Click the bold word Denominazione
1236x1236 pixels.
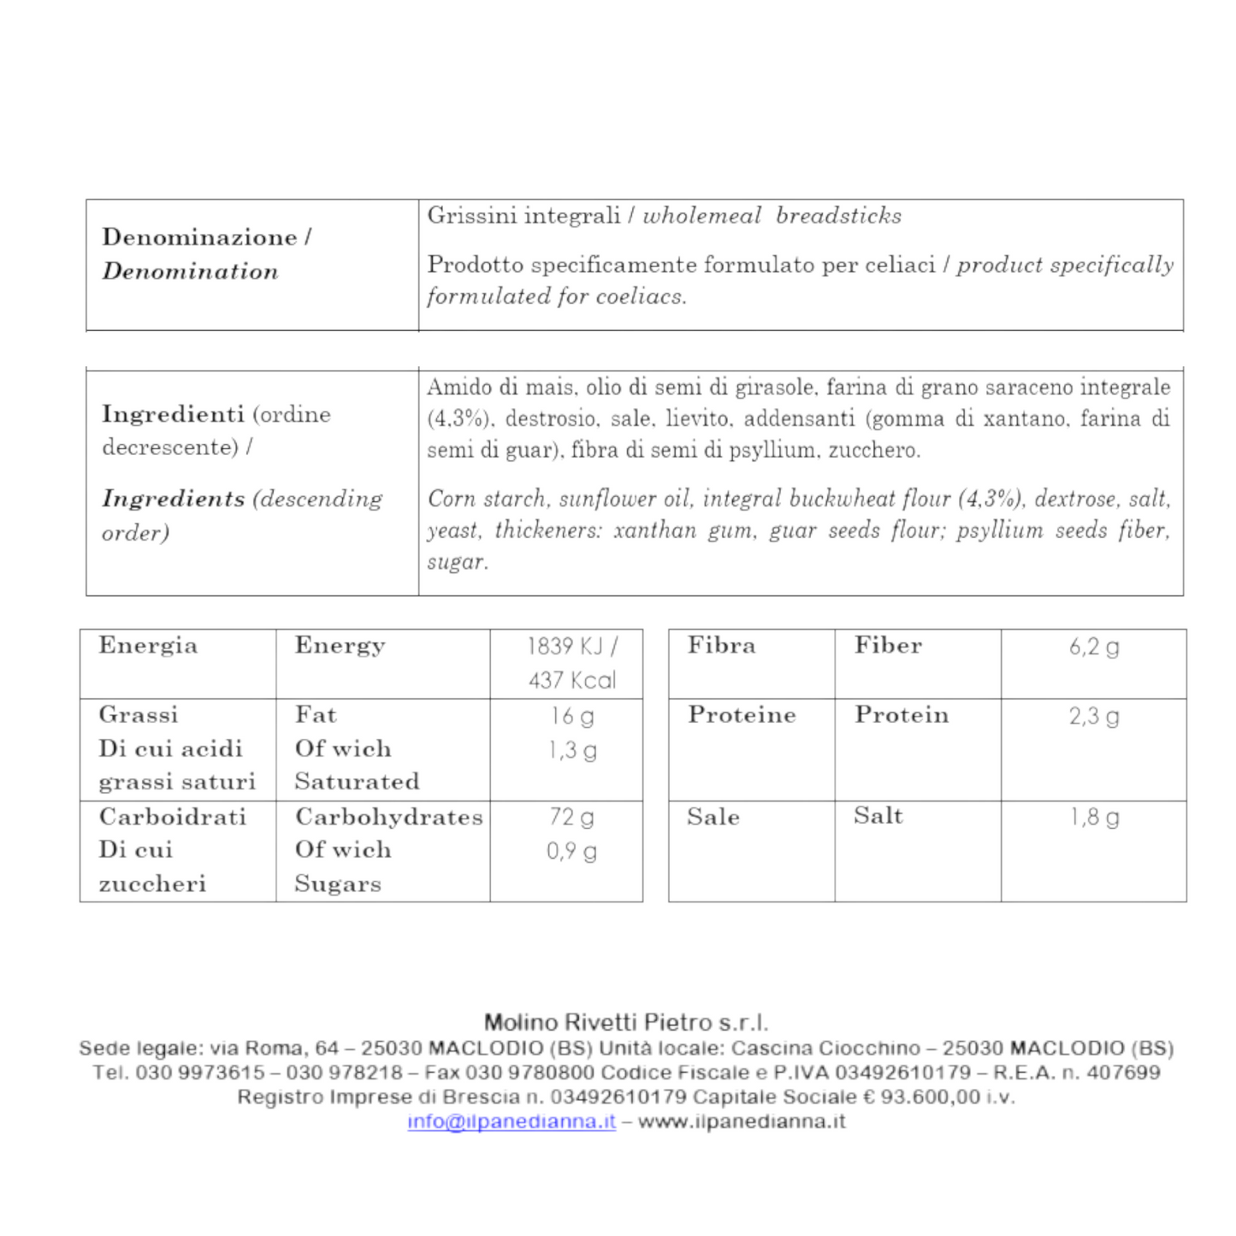coord(199,237)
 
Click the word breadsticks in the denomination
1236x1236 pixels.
coord(838,216)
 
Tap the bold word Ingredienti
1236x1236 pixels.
coord(173,414)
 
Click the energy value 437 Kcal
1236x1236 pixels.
coord(572,681)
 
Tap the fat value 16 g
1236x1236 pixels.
coord(572,716)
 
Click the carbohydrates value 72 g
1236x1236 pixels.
coord(571,817)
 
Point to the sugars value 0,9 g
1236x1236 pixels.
coord(571,851)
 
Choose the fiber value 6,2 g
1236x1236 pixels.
coord(1094,647)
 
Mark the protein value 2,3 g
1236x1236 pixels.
coord(1094,716)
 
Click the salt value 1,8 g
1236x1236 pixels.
coord(1094,817)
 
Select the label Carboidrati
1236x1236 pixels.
coord(173,817)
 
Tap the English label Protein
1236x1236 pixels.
coord(902,715)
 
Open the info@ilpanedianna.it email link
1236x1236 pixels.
coord(512,1121)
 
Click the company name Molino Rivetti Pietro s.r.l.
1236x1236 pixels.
coord(626,1022)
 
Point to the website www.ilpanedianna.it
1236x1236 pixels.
coord(742,1121)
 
